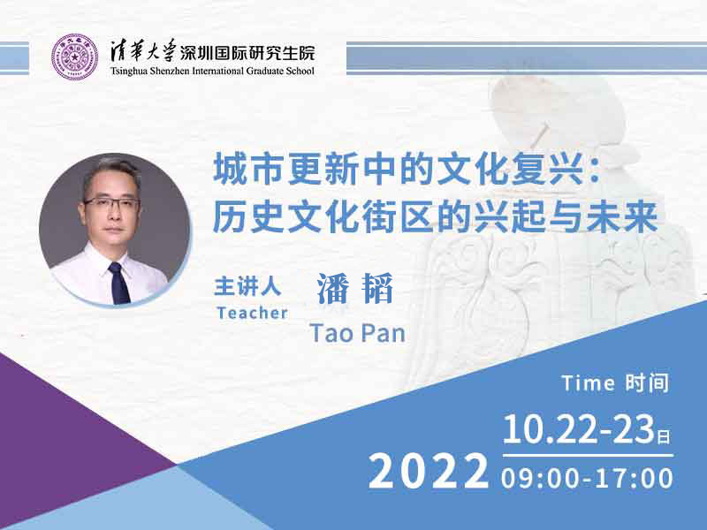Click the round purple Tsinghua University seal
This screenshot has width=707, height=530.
pos(74,57)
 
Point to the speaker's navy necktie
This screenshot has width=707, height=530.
pos(119,283)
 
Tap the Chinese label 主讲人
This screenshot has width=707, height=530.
pos(247,286)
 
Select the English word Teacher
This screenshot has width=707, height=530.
pos(252,313)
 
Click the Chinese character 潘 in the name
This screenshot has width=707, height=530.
pos(332,288)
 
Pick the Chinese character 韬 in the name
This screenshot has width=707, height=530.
pos(378,288)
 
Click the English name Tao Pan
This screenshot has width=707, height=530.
pos(358,333)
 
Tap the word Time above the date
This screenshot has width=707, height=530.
pos(589,383)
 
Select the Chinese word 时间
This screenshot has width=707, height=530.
pos(647,383)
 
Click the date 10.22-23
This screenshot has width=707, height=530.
pos(579,429)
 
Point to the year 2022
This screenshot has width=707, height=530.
pos(429,472)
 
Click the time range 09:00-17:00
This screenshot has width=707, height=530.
pos(587,478)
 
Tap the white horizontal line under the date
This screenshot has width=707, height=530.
pos(588,456)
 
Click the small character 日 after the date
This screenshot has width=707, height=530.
pos(664,436)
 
